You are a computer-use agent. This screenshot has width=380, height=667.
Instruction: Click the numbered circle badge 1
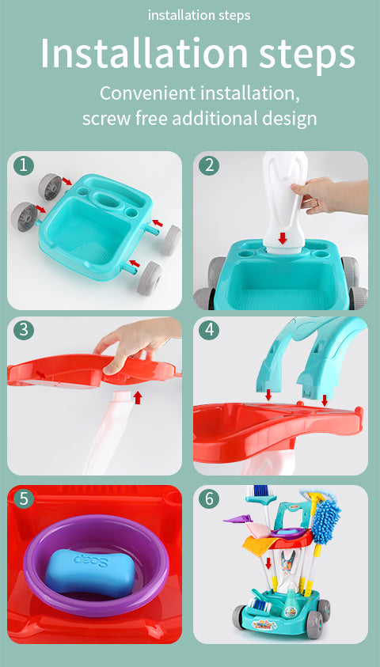click(25, 165)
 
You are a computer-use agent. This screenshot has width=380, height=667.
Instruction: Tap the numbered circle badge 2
click(210, 165)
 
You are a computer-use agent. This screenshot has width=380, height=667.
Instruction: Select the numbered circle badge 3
click(25, 330)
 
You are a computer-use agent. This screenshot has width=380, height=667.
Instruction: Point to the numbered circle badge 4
click(210, 330)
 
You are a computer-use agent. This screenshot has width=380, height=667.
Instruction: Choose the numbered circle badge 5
click(25, 498)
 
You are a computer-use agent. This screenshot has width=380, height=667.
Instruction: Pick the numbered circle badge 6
click(210, 498)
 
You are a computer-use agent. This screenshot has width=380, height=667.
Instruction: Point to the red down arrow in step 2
click(283, 237)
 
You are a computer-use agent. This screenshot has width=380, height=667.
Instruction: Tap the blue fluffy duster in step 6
click(325, 518)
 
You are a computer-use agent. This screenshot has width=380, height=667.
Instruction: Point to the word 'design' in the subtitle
click(291, 119)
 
